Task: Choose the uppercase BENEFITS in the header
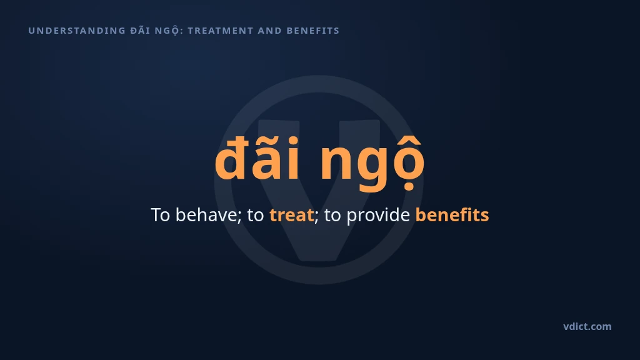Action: (x=313, y=31)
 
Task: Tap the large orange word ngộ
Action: (x=372, y=163)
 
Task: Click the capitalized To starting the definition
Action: (x=161, y=215)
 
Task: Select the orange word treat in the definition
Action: (x=291, y=215)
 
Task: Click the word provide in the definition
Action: (x=378, y=216)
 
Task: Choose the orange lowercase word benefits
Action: (x=452, y=215)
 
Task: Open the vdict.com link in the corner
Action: (x=587, y=326)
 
